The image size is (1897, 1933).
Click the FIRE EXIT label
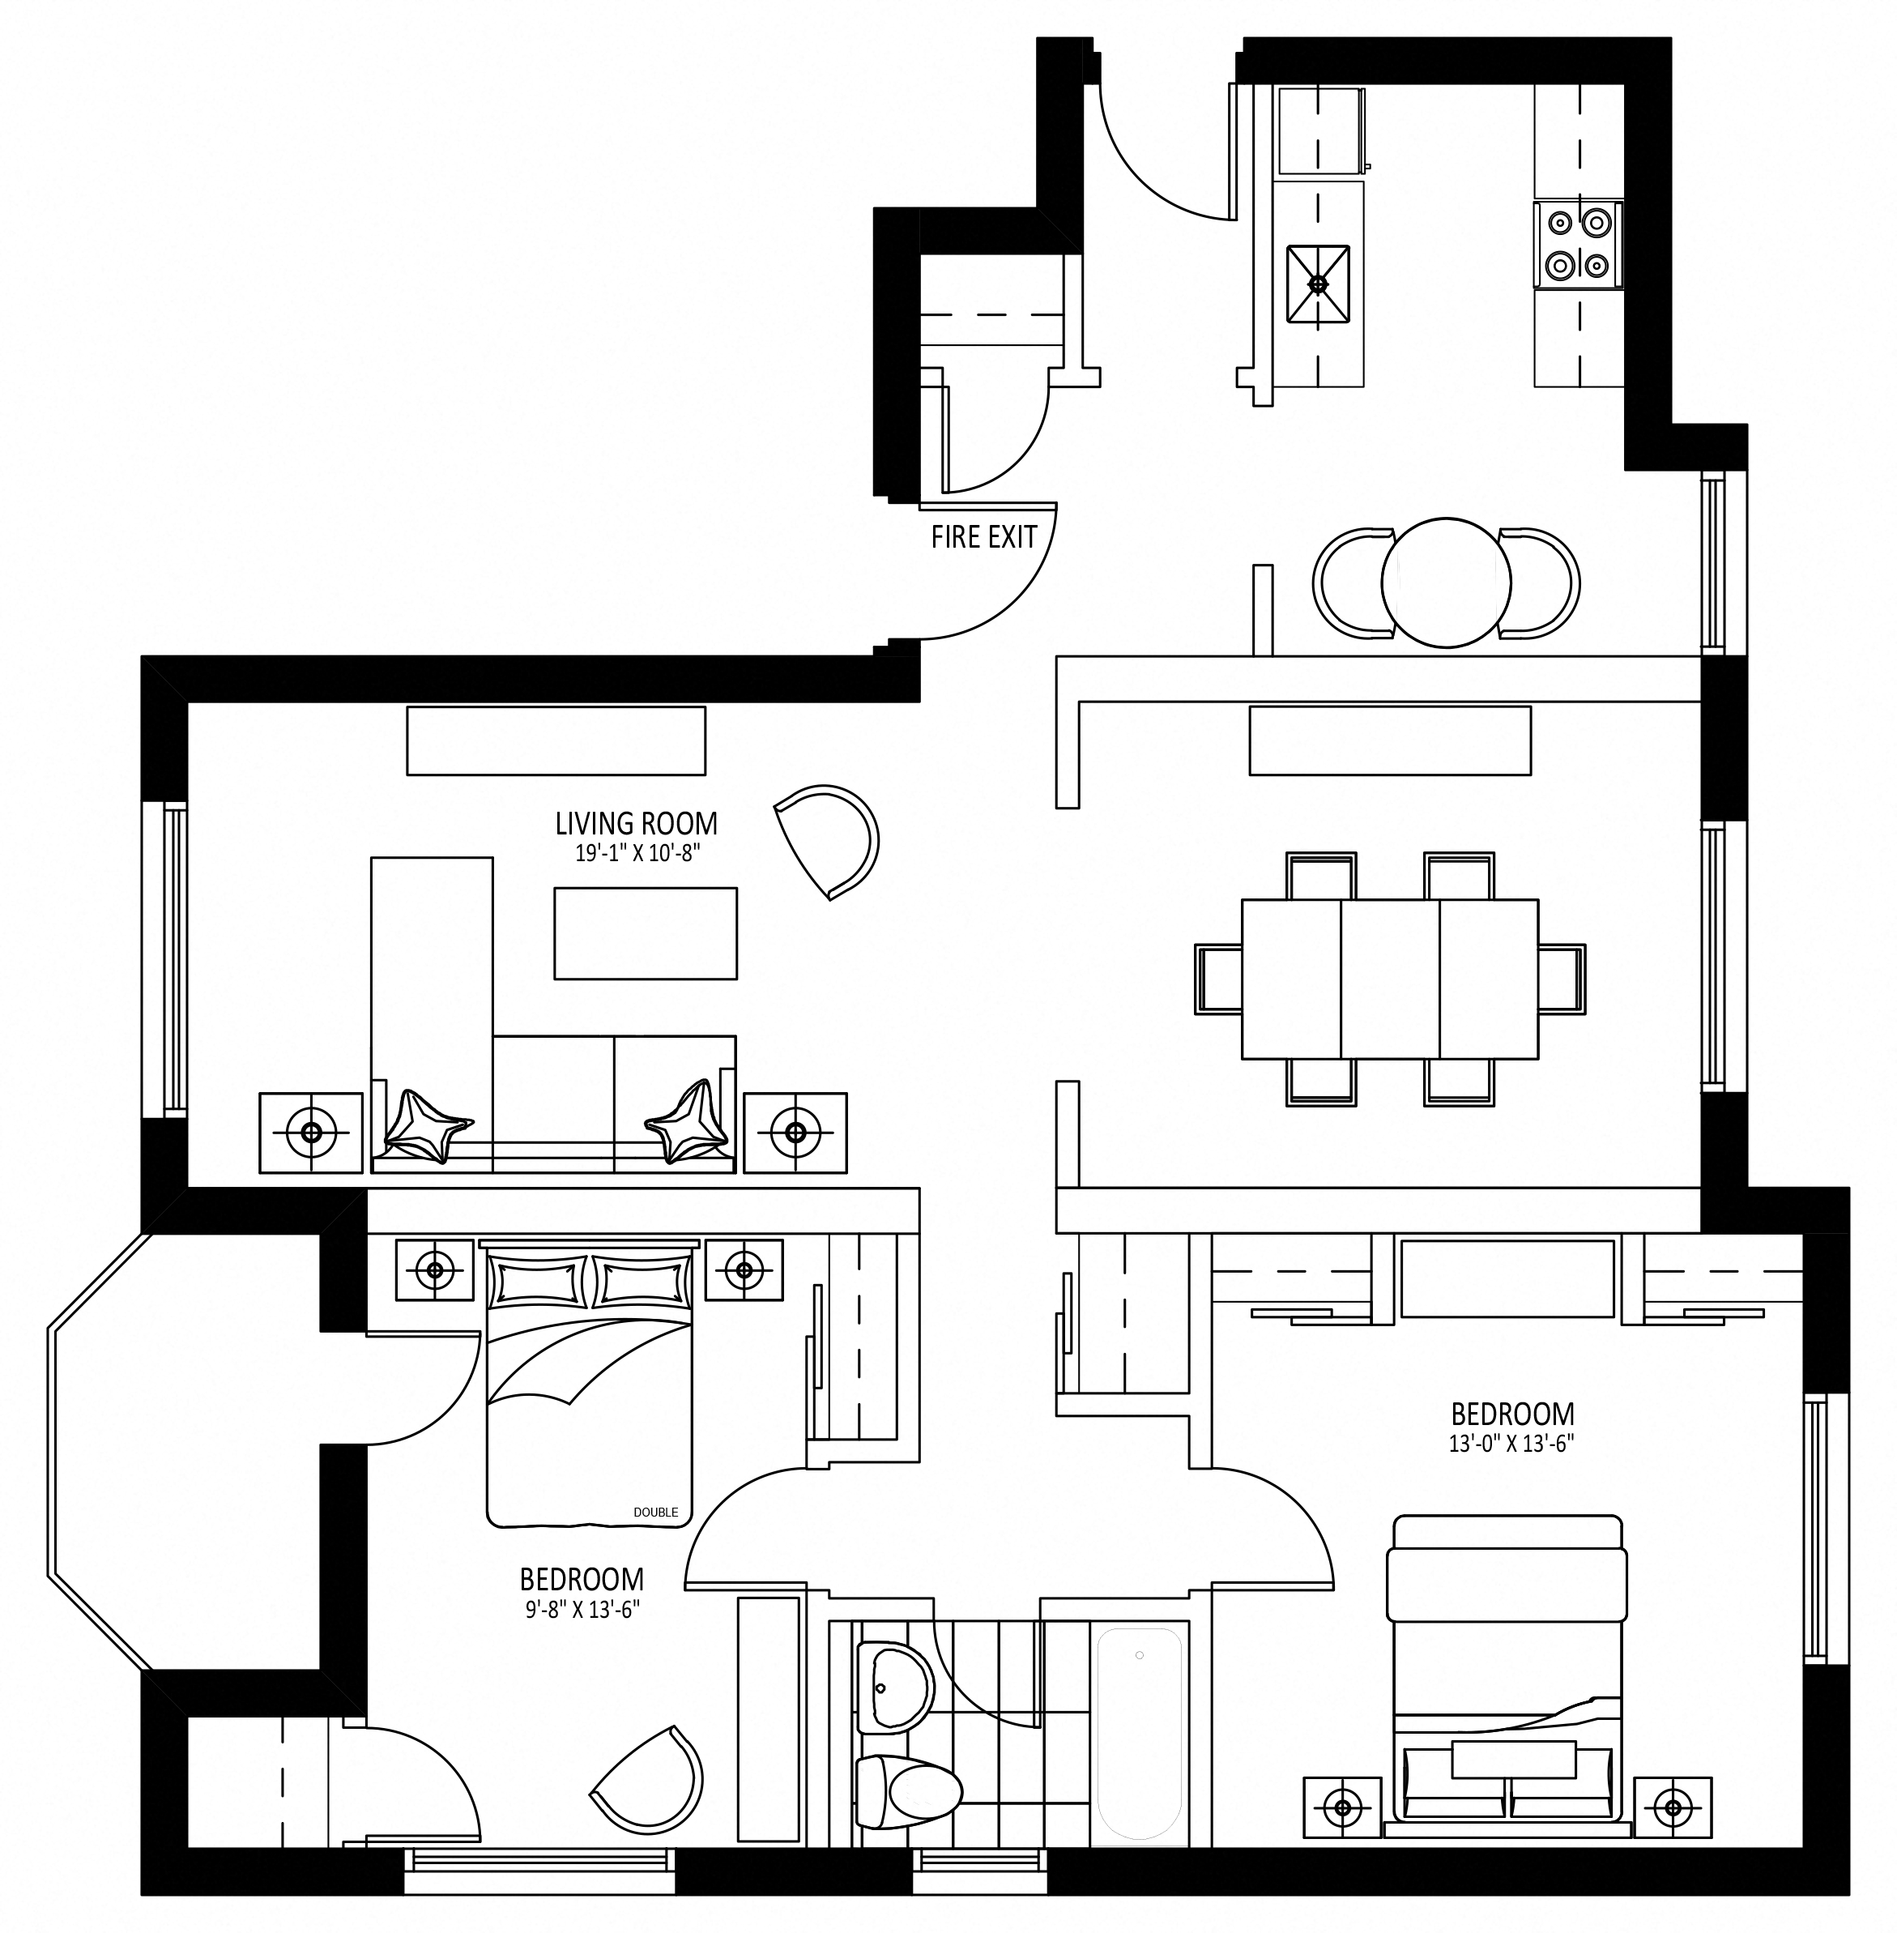[983, 537]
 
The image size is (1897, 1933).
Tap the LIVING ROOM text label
[636, 823]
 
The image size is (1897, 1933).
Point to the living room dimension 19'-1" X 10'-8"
[636, 853]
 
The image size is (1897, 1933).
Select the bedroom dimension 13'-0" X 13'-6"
[1511, 1444]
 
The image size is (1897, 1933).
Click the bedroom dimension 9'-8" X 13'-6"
[582, 1609]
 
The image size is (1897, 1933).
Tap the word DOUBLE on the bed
[655, 1513]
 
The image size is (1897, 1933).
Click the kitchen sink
[1318, 284]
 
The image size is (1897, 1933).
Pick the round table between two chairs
[1446, 582]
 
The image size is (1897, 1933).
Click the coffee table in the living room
[646, 933]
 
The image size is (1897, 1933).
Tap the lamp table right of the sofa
[795, 1133]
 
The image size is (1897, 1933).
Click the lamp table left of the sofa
[311, 1133]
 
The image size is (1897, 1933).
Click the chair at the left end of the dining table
[1217, 979]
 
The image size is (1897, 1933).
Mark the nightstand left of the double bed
[434, 1269]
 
